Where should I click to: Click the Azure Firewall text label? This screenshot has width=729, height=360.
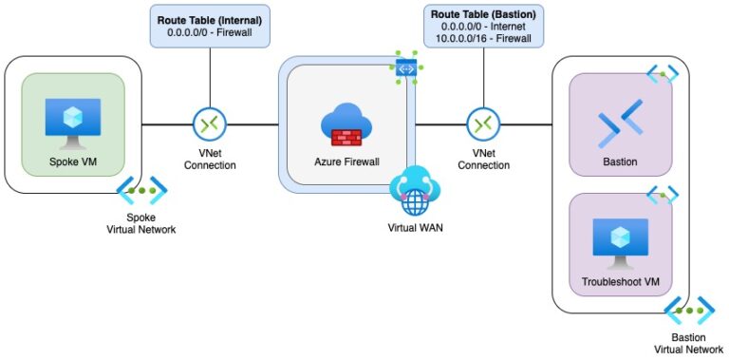click(x=346, y=161)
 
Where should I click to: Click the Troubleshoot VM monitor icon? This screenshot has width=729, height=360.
click(x=620, y=244)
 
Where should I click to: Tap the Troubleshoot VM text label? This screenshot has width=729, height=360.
click(x=620, y=283)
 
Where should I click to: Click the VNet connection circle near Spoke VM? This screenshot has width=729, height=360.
click(x=208, y=123)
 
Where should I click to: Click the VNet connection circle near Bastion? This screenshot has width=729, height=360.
click(x=483, y=123)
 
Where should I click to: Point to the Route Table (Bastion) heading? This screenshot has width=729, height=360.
click(x=483, y=14)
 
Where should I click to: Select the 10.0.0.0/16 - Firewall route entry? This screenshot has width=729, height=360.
click(x=483, y=41)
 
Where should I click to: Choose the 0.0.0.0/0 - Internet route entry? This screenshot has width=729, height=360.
click(x=483, y=28)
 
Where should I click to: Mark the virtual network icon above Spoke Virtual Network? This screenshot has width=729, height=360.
click(x=137, y=189)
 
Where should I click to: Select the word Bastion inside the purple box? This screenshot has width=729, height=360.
click(x=620, y=161)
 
